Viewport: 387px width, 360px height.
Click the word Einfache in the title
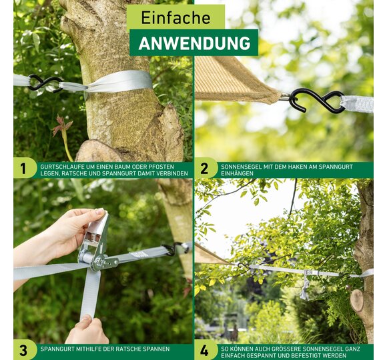[x=175, y=17]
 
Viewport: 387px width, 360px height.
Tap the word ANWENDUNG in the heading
[x=194, y=43]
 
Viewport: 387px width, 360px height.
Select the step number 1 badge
[x=23, y=169]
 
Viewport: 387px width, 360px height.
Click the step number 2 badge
[x=205, y=169]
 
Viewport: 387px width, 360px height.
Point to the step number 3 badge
[x=23, y=350]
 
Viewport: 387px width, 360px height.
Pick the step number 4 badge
[x=205, y=350]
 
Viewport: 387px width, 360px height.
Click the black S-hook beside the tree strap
[x=45, y=83]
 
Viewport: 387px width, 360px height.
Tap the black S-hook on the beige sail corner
[x=317, y=101]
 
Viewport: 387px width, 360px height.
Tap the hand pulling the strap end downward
[x=87, y=330]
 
